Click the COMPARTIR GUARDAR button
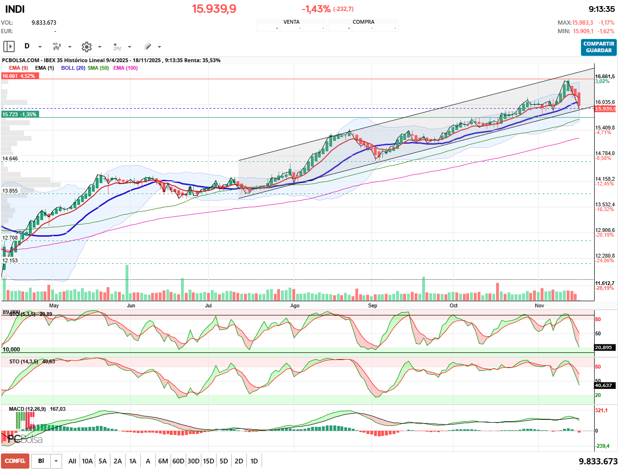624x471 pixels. pos(598,47)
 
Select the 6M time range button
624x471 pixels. pos(163,461)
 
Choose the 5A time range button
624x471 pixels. pos(102,461)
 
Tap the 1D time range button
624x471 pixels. pos(254,461)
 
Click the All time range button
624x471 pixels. pos(72,461)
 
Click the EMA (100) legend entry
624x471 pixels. pos(126,68)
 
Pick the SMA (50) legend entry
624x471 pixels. pos(98,68)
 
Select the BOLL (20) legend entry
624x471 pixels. pos(73,68)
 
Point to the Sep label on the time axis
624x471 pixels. pos(372,305)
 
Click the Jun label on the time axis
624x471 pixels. pos(131,305)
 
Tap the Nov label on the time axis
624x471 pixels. pos(539,305)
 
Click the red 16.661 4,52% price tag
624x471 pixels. pos(19,76)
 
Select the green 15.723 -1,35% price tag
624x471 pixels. pos(19,114)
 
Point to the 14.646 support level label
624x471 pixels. pos(10,159)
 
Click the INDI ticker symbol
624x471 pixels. pos(15,9)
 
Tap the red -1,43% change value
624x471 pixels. pos(316,9)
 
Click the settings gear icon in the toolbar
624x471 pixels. pos(86,46)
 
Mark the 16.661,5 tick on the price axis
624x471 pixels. pos(605,76)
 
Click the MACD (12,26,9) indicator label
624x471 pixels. pos(27,409)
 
